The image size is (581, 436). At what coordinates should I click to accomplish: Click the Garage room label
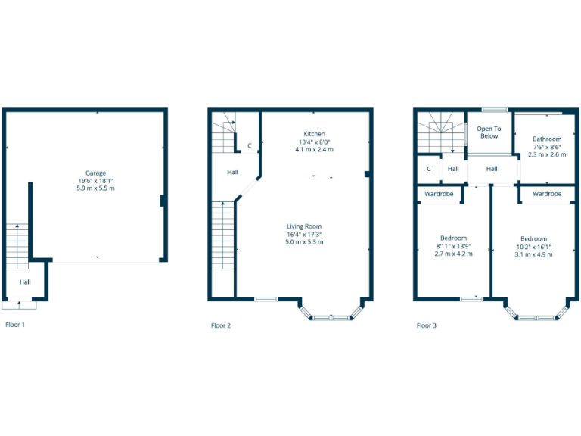point(95,173)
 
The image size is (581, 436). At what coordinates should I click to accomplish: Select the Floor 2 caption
point(221,325)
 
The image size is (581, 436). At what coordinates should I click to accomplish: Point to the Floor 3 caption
point(426,325)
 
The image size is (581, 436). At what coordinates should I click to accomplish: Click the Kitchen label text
point(314,134)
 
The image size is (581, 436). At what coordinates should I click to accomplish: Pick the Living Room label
point(303,226)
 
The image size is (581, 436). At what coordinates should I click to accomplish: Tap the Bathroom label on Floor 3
point(547,139)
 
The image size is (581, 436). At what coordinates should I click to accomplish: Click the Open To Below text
point(489,132)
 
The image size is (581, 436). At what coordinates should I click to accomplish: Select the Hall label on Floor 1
point(25,282)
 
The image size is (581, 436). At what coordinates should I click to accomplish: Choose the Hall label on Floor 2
point(232,173)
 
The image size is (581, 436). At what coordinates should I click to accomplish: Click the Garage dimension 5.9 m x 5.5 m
point(95,188)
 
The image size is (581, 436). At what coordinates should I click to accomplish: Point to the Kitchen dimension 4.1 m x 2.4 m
point(314,149)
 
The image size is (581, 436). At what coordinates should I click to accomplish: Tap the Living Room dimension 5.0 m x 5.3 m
point(303,242)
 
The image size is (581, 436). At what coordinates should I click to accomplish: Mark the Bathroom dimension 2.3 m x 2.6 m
point(547,154)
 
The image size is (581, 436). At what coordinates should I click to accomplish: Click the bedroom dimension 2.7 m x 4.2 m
point(453,254)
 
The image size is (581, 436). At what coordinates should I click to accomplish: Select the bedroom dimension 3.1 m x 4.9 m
point(533,254)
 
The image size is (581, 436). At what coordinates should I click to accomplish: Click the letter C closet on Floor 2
point(249,145)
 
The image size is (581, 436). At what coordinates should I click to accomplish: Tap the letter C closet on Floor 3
point(429,169)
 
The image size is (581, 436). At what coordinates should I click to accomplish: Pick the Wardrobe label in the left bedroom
point(440,194)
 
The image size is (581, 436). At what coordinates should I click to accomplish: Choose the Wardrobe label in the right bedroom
point(547,194)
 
